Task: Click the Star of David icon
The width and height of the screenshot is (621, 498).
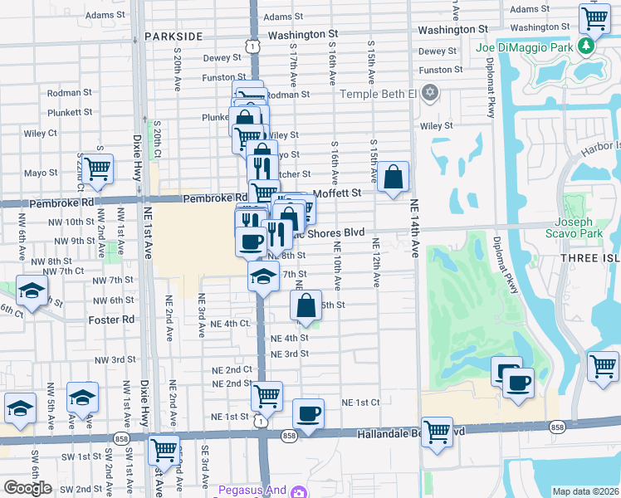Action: coord(429,91)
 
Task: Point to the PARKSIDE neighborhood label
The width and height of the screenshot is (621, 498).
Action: coord(174,37)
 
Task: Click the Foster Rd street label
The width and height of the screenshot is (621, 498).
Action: coord(111,319)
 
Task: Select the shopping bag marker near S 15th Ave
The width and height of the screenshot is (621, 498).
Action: coord(394,178)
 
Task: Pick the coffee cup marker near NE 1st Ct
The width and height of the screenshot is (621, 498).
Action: coord(309,414)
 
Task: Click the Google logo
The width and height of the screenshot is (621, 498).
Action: coord(27,488)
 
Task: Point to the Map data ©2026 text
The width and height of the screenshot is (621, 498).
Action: coord(586,491)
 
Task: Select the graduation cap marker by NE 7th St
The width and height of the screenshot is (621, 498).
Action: coord(263,276)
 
